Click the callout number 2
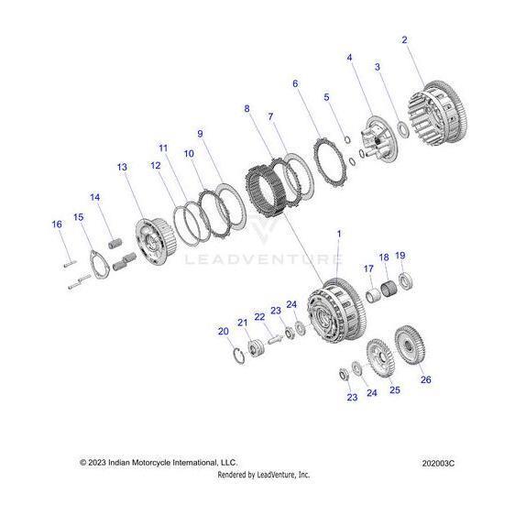point(404,40)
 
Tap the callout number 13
point(122,167)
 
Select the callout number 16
point(57,225)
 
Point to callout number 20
point(224,332)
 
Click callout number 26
point(426,379)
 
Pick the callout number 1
point(339,234)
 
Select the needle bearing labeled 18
point(389,288)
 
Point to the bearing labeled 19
point(406,281)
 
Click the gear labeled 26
point(410,345)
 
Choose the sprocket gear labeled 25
point(380,358)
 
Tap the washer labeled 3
point(403,128)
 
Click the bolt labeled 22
point(273,339)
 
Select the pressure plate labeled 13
point(156,241)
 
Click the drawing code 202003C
point(438,463)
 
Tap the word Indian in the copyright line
point(119,463)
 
